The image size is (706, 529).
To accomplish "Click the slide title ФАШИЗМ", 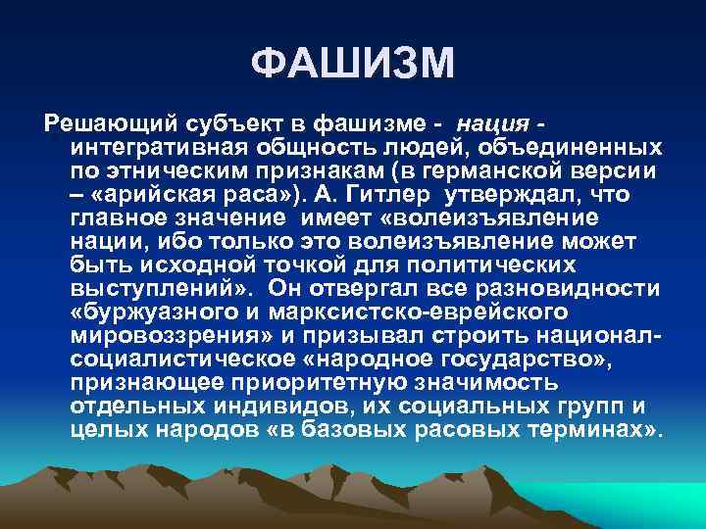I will (x=353, y=65).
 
